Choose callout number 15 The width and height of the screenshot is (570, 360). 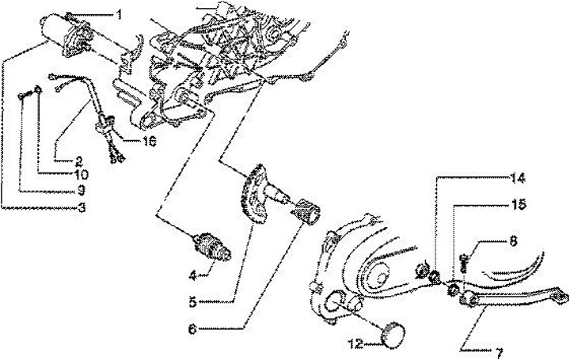[x=518, y=204]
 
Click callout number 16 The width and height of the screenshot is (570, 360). [x=150, y=142]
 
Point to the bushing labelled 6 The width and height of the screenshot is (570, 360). [x=306, y=212]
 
